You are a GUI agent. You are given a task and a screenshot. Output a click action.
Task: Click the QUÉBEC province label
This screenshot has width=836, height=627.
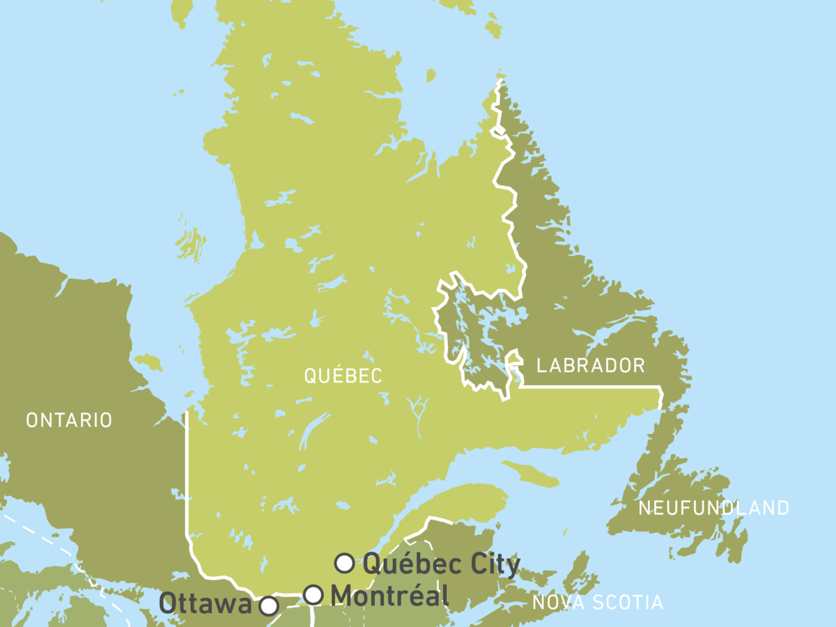coord(343,376)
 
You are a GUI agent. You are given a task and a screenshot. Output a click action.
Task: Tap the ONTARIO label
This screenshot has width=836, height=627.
coord(68,420)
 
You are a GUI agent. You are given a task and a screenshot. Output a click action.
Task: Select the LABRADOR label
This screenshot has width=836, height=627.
coord(591,366)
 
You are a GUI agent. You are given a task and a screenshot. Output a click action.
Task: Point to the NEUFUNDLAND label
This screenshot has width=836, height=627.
coord(714,508)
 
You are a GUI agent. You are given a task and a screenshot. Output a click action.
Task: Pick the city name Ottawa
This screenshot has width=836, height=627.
coord(206,603)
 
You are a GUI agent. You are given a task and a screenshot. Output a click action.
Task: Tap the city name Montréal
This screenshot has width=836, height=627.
coord(389,596)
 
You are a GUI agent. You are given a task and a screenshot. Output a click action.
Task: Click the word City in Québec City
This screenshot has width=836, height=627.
coord(490,564)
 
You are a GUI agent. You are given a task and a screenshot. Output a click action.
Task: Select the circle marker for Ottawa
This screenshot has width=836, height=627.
coord(269,606)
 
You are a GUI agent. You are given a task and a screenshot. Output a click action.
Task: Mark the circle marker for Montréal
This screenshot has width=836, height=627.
coord(313,595)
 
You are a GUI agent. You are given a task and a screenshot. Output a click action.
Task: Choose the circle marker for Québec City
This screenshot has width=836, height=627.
coord(344,562)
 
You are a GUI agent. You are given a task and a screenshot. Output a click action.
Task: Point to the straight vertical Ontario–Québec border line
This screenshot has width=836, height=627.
coord(187,474)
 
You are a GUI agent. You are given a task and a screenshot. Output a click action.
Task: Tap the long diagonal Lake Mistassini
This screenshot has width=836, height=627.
coord(313,428)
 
